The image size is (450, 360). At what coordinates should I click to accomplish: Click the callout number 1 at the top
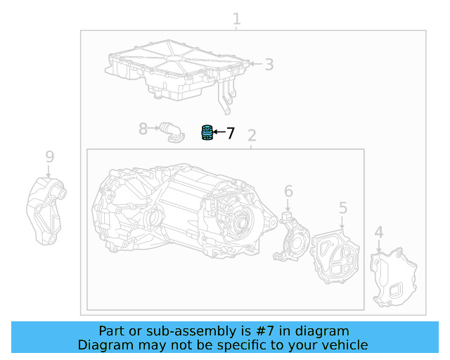(237, 19)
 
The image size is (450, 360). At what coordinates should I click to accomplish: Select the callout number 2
(252, 136)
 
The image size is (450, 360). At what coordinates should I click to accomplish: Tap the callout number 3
(269, 65)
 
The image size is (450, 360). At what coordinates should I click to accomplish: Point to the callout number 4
(379, 232)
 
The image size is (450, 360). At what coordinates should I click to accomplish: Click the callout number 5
(343, 208)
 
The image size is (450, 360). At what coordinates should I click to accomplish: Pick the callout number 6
(288, 191)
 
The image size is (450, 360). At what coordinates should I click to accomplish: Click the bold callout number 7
(231, 133)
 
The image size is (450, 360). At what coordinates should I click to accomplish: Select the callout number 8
(143, 129)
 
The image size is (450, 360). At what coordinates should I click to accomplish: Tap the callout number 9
(50, 157)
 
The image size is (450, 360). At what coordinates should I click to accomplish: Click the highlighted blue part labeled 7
(207, 133)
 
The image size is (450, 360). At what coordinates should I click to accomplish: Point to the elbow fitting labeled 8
(172, 132)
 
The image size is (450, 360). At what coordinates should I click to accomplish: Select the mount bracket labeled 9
(46, 212)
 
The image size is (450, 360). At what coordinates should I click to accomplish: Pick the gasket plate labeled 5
(335, 257)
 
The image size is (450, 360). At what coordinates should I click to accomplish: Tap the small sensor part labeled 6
(292, 236)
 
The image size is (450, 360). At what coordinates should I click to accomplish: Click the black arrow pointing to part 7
(219, 132)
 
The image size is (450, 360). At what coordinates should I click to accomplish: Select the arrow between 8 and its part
(154, 128)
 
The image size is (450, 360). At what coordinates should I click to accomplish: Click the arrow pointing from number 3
(256, 64)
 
